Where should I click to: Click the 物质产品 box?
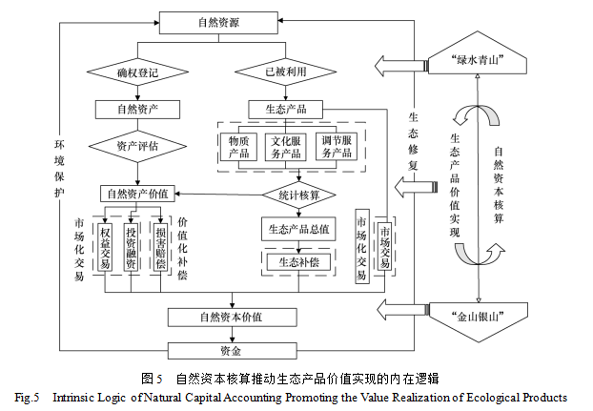239,147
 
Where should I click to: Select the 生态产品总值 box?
299,229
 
